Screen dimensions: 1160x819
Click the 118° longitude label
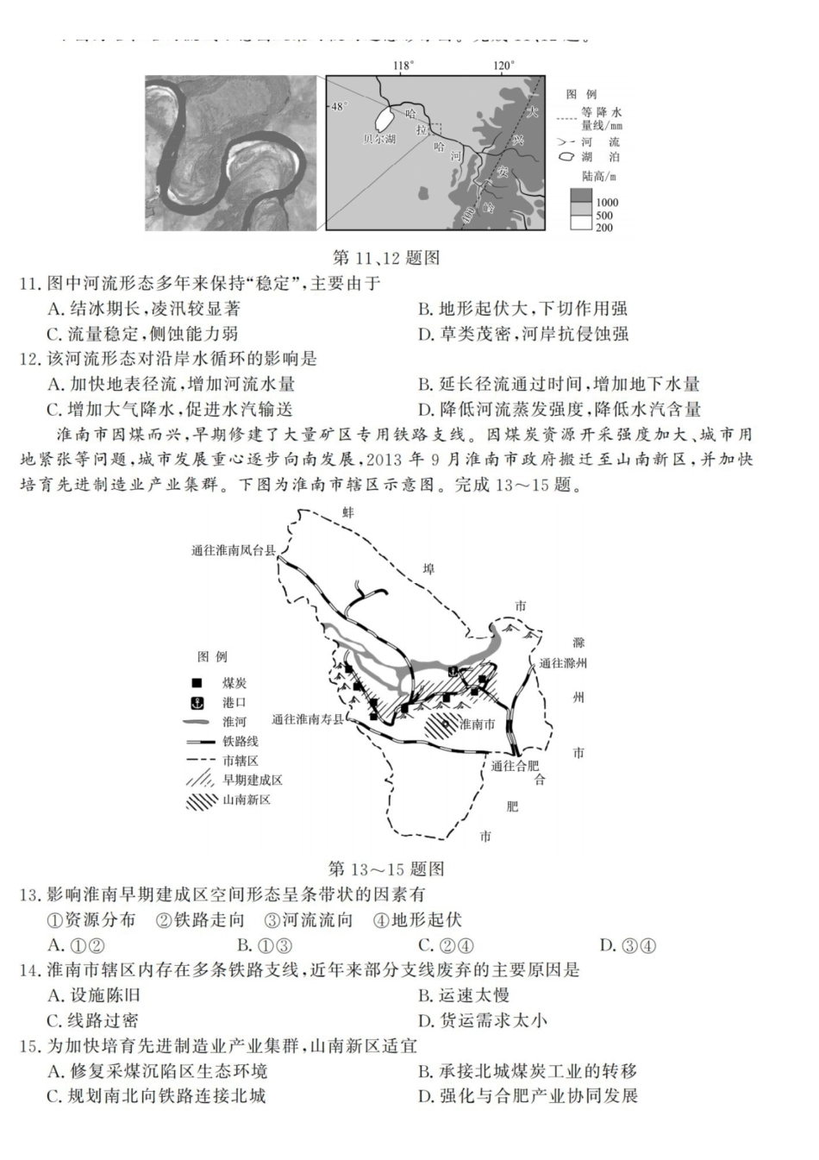tap(403, 66)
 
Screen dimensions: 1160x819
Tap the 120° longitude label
tap(504, 66)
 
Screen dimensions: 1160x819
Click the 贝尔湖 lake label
tap(379, 138)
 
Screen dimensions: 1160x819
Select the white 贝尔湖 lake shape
tap(384, 118)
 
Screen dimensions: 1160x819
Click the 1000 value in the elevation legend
tap(606, 203)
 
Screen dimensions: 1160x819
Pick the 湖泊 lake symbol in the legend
tap(567, 157)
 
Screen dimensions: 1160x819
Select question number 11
tap(29, 284)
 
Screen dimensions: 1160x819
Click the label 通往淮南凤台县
tap(233, 550)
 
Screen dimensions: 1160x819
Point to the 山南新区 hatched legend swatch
tap(202, 799)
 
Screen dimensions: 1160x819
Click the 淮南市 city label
tap(477, 724)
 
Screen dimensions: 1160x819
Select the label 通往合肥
tap(515, 765)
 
